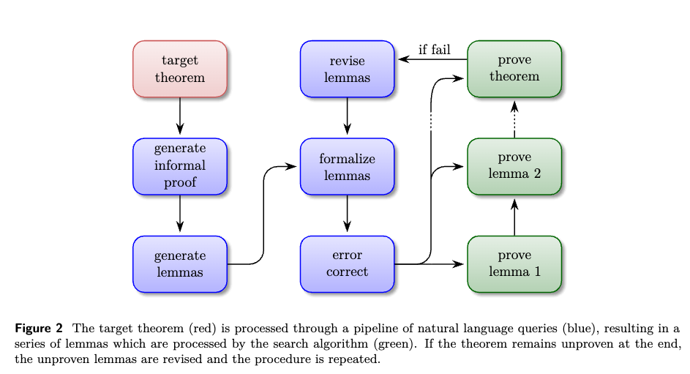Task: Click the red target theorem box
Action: coord(180,68)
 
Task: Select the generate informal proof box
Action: coord(180,166)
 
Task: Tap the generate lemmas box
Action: coord(180,263)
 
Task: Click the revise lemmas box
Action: coord(347,68)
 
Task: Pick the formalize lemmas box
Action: coord(347,166)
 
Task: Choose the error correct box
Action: coord(347,263)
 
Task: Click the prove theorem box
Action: coord(514,68)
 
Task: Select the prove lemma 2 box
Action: coord(514,166)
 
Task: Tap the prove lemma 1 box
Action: coord(514,263)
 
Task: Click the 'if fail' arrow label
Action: coord(434,50)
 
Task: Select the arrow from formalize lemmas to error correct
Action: coord(347,214)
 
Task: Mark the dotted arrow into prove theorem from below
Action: coord(514,117)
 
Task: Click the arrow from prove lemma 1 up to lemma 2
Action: coord(514,217)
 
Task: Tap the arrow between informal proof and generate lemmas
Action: coord(180,214)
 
